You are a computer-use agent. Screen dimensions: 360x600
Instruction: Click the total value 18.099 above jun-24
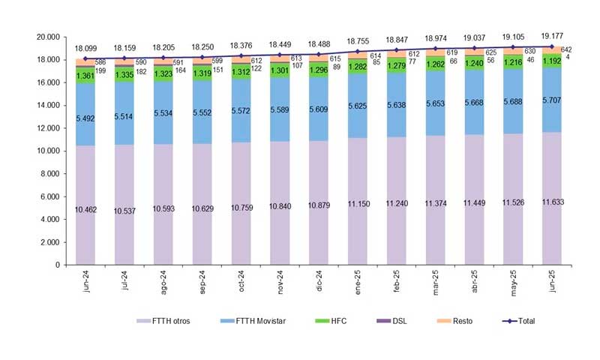pyautogui.click(x=85, y=47)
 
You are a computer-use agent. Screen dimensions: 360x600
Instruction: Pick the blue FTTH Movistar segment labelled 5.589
pyautogui.click(x=280, y=109)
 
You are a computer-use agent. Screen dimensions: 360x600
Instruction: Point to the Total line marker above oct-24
pyautogui.click(x=241, y=56)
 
